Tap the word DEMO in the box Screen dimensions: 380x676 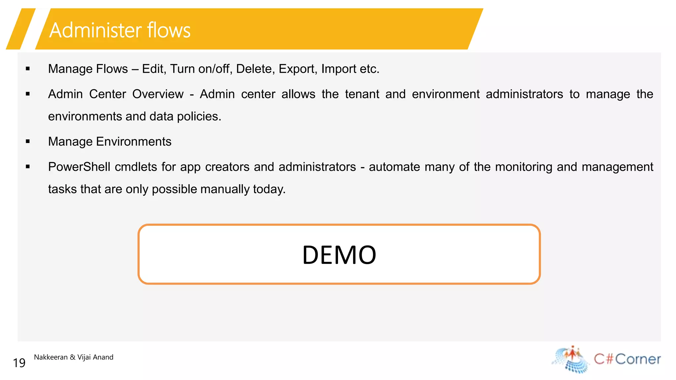(x=339, y=255)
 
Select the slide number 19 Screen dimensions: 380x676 (x=19, y=363)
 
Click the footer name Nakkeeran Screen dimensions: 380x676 (x=51, y=357)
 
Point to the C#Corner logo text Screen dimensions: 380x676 (x=627, y=359)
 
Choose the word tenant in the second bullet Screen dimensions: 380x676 (x=362, y=94)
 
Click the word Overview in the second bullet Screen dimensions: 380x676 (x=158, y=94)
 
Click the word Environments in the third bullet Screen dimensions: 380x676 (x=134, y=142)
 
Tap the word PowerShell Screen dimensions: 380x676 (x=79, y=167)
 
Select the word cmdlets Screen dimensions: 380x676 (x=136, y=167)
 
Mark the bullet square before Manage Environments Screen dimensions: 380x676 (x=28, y=142)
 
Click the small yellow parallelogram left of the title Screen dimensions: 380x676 (x=20, y=29)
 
